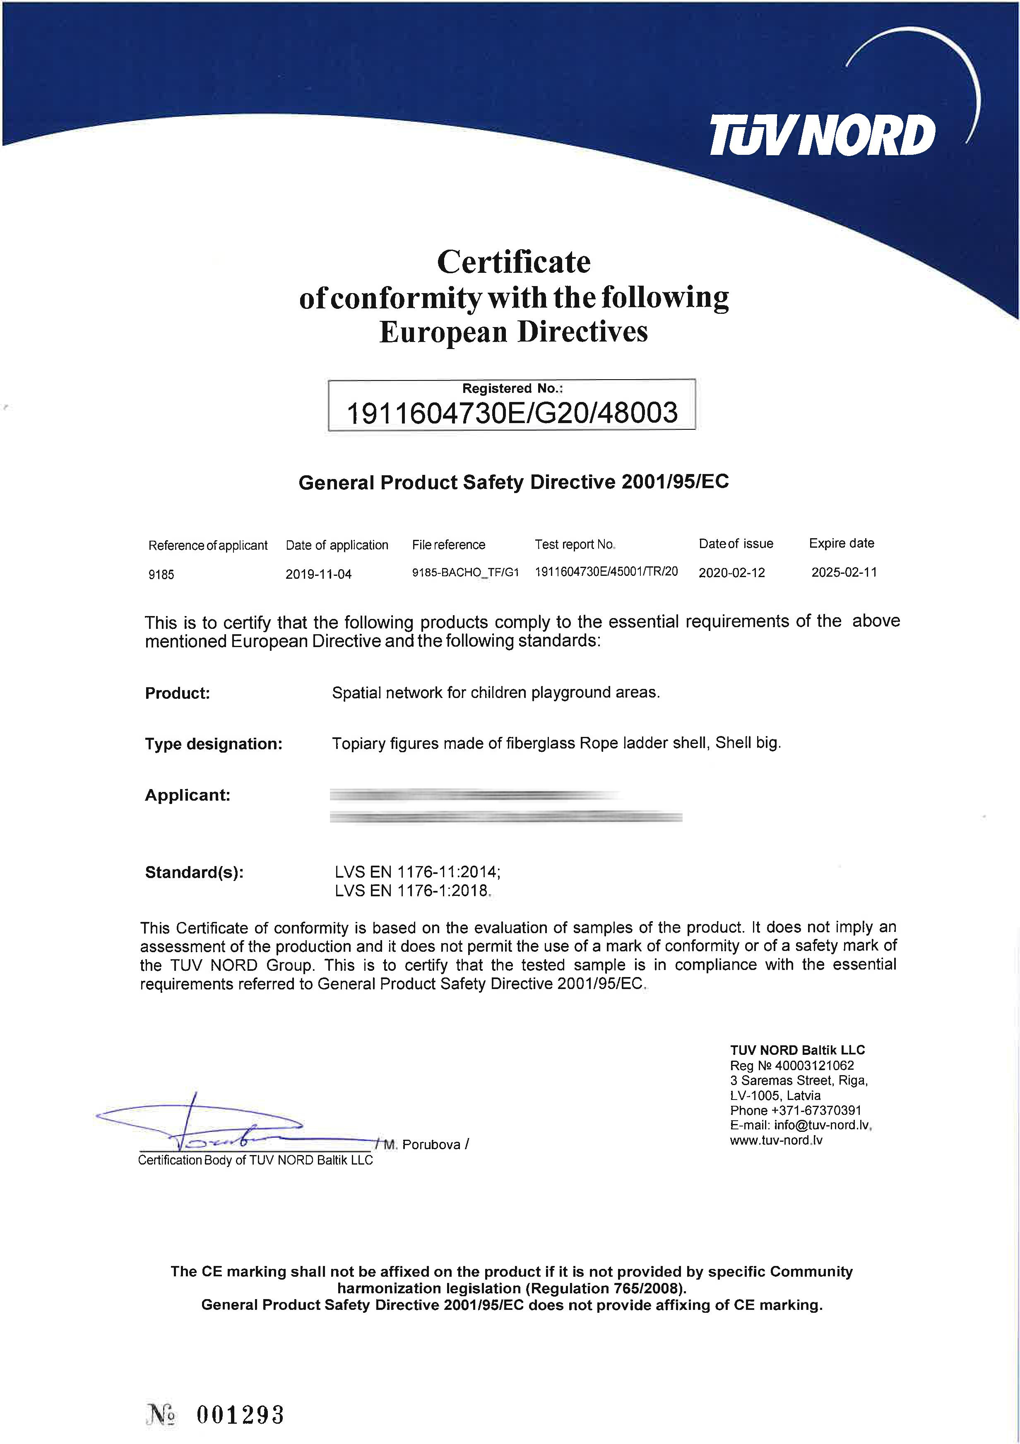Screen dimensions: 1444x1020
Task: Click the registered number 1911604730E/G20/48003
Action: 512,413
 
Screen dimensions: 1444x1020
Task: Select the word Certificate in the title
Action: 513,262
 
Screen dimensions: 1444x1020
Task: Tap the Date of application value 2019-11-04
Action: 318,574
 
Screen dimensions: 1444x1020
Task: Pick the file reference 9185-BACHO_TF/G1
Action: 465,572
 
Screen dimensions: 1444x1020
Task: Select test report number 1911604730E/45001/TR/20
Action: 606,572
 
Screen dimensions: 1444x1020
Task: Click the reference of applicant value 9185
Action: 161,574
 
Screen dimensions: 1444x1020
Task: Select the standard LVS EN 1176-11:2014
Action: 417,872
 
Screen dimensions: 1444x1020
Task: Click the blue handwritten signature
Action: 207,1127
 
